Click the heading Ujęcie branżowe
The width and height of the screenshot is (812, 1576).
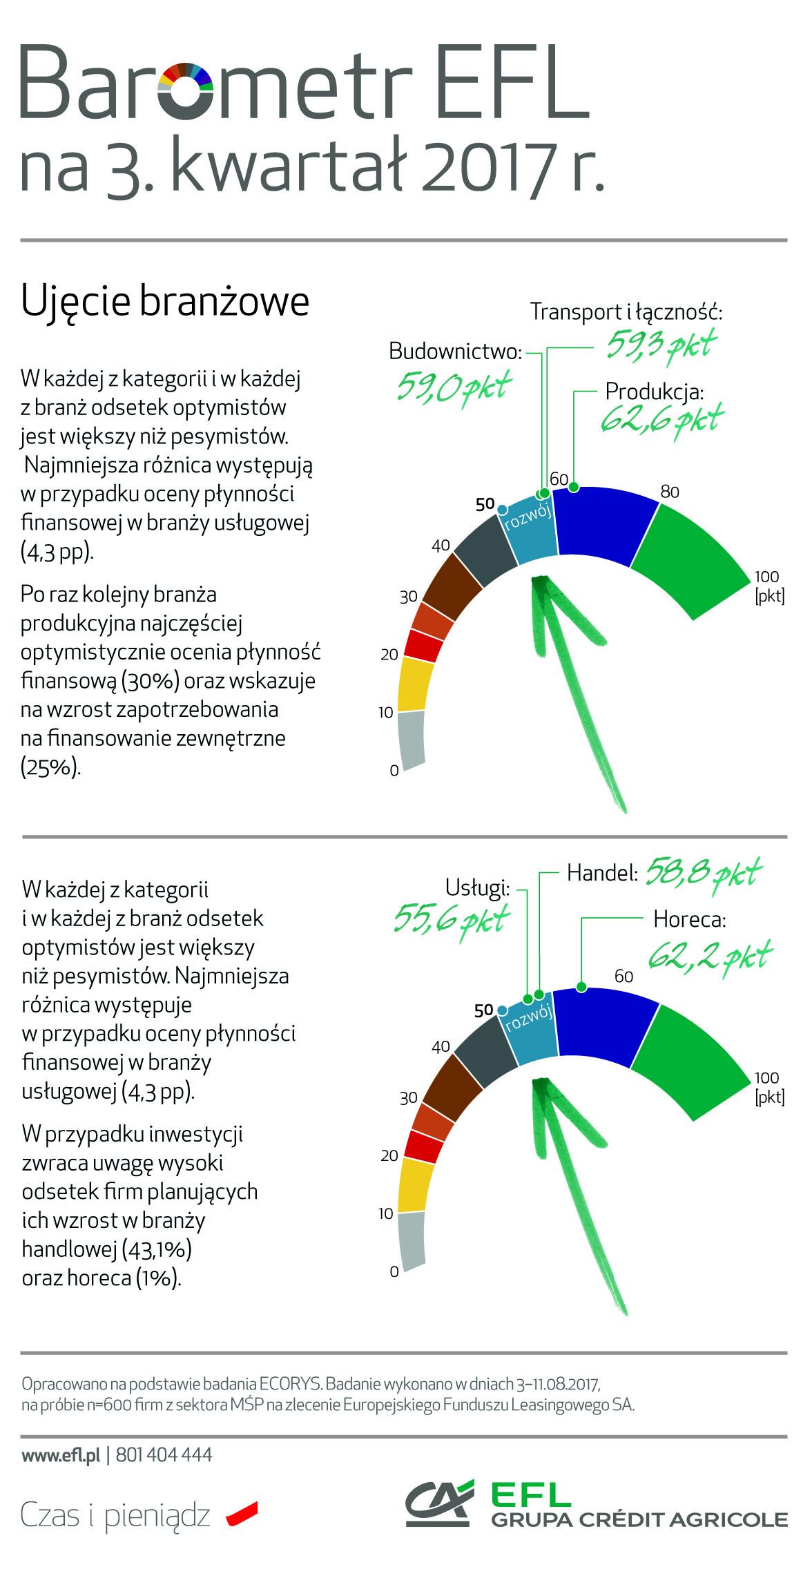pos(165,302)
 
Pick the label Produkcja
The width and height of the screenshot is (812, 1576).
pos(654,392)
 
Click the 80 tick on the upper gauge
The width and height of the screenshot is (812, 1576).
pos(669,492)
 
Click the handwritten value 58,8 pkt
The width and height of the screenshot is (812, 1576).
pos(702,874)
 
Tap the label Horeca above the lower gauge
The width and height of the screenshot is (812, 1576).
pos(690,920)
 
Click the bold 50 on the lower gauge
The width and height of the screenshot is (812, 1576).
pos(484,1010)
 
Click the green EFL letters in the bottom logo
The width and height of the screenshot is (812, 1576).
pos(530,1494)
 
